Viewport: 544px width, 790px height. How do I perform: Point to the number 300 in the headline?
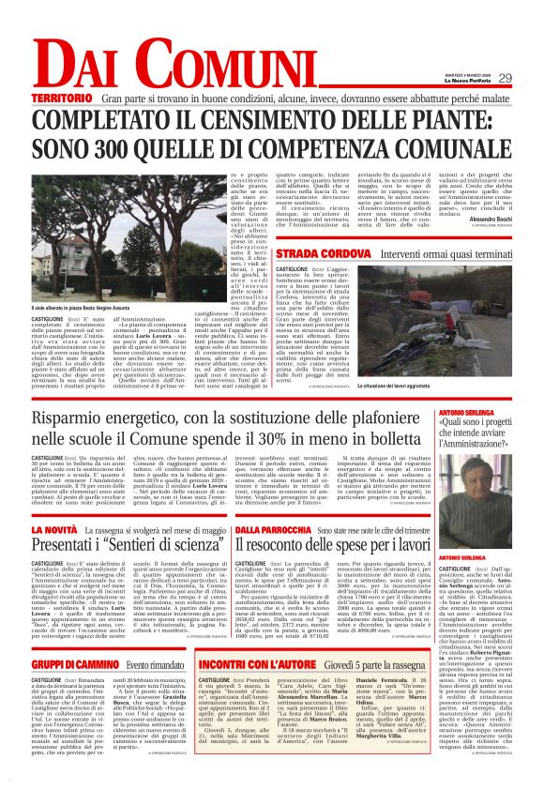pyautogui.click(x=115, y=147)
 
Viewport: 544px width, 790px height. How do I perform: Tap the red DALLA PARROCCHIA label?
pyautogui.click(x=272, y=530)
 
